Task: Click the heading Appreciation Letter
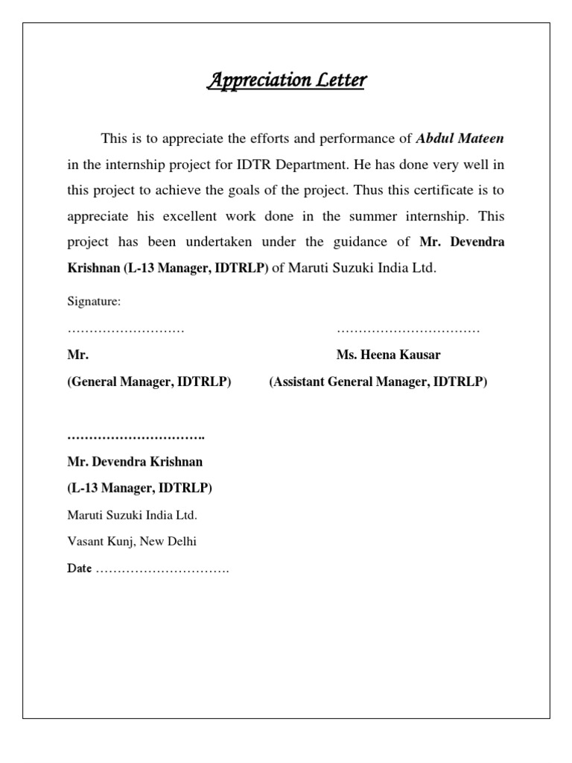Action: [286, 80]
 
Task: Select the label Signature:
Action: [94, 302]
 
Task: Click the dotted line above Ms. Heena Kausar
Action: [408, 329]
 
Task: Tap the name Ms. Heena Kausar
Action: [393, 355]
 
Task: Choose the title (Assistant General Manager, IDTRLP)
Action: [378, 382]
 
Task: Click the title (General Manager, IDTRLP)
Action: [149, 382]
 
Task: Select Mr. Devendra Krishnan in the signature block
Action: [135, 462]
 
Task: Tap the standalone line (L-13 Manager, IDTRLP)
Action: [139, 488]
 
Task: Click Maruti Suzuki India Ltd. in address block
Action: [132, 515]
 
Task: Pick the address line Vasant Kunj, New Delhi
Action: [132, 542]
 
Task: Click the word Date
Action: [79, 569]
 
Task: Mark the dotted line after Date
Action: [162, 569]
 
